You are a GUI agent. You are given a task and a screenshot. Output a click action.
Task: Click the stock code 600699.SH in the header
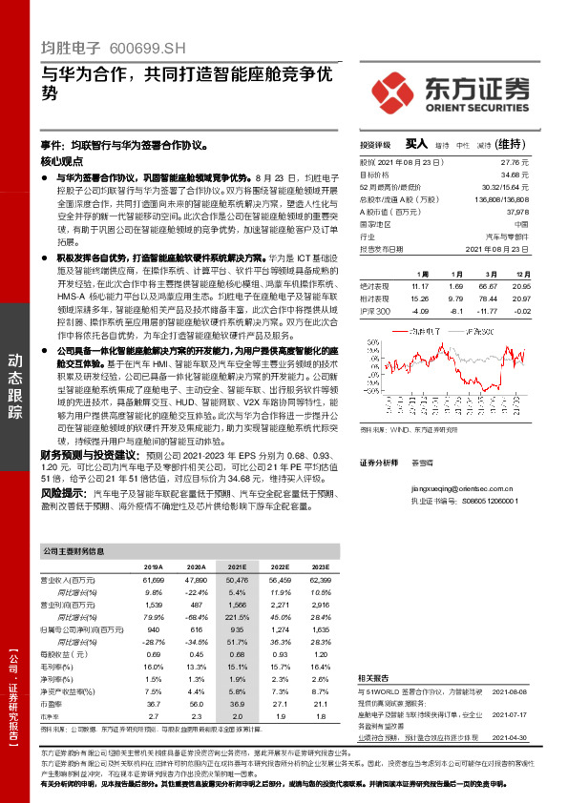144,46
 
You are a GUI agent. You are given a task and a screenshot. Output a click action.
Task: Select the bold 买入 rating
414,144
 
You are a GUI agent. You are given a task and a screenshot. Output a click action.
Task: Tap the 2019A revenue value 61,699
153,579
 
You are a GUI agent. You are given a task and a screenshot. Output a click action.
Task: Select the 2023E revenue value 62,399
321,579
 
